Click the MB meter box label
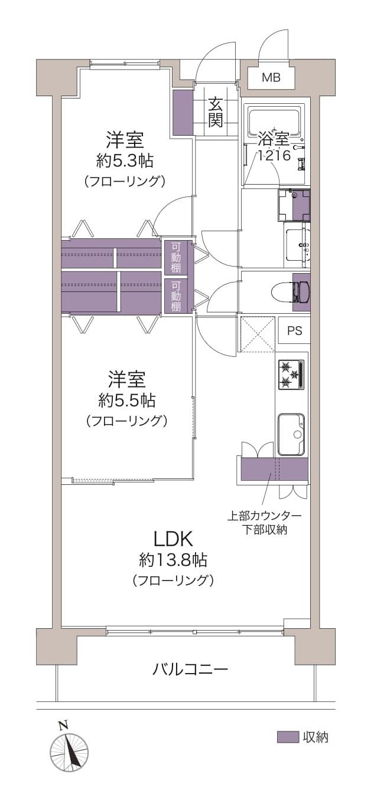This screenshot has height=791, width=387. coord(271,77)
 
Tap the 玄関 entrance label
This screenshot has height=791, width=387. coord(216,113)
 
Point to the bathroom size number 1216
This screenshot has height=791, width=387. coord(273,156)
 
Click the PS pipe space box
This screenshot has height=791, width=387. coord(294,331)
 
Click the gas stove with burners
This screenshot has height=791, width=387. coord(291,375)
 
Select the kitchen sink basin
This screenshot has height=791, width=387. coord(291,434)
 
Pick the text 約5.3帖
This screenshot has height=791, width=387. coord(125,160)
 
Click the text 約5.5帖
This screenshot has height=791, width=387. coord(126,401)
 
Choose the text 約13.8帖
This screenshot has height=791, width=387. coord(173,559)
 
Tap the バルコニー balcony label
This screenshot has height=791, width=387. coord(190,669)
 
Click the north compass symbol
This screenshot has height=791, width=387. coord(69,751)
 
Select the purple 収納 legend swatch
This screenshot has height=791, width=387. coord(288,737)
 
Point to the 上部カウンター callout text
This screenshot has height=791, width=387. coord(265,516)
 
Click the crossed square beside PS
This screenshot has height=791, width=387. coord(258,334)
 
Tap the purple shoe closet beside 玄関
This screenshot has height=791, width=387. coord(183,111)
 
